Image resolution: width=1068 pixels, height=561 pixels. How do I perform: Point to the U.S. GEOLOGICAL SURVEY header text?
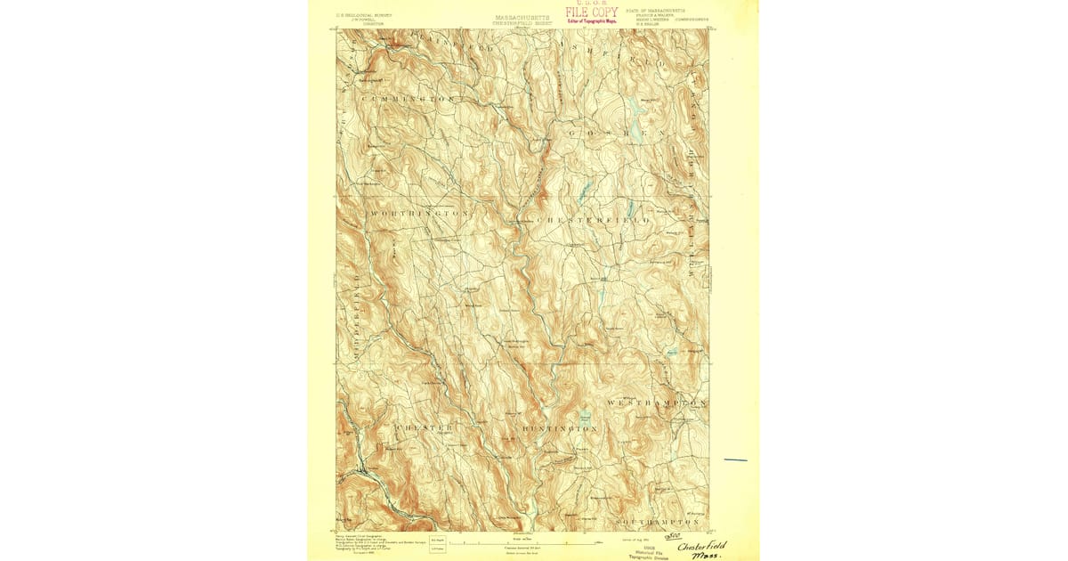coord(361,14)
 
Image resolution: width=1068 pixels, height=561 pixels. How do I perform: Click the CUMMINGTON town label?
coord(410,97)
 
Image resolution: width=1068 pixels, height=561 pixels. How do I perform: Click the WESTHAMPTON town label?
coord(656,403)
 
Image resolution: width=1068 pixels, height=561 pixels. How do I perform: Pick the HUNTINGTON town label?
coord(560,429)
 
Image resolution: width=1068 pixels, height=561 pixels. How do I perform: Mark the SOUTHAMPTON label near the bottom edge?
coord(659,518)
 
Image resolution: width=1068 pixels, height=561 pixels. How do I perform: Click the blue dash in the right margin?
coord(735,459)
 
